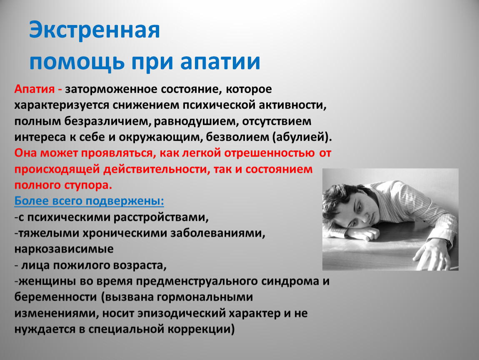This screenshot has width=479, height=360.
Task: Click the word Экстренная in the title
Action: (95, 30)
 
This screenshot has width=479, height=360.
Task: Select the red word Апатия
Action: (35, 89)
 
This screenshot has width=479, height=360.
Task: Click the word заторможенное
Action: (111, 90)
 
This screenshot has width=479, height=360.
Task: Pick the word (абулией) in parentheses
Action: (302, 137)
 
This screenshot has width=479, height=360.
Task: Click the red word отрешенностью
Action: (269, 153)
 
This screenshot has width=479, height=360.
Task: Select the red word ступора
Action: (88, 185)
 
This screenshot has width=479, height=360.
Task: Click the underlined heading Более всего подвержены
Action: (89, 201)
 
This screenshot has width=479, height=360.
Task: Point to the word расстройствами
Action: (161, 217)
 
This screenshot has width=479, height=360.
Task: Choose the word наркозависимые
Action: (64, 249)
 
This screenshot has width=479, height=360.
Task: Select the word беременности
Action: (55, 297)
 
